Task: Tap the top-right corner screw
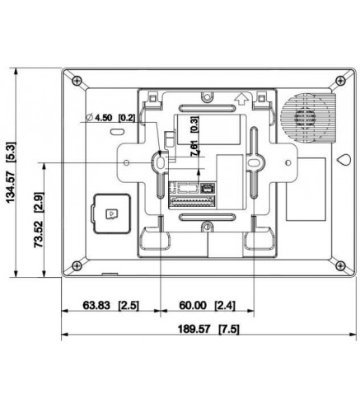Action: point(339,81)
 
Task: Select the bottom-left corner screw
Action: point(76,265)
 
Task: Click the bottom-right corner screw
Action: point(339,265)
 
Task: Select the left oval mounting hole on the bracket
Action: point(157,165)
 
